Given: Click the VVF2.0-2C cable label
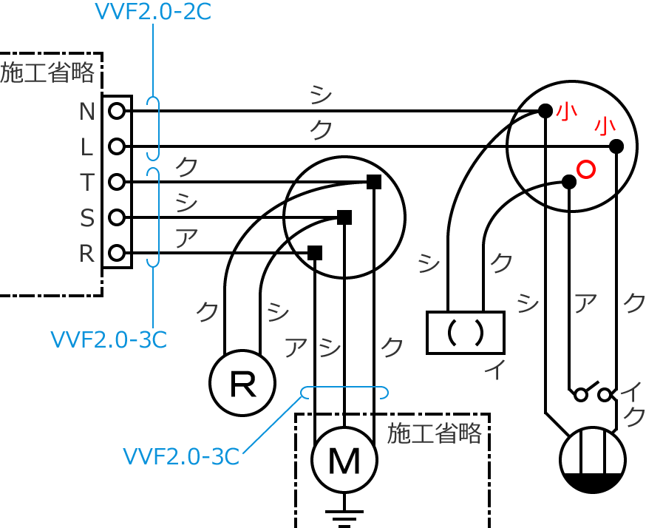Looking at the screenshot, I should click(153, 12).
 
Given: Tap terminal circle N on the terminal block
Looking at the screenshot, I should click(117, 111).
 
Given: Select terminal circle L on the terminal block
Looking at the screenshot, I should click(117, 146).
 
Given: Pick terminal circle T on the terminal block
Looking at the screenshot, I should click(117, 182).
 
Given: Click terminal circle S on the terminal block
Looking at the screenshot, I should click(117, 217).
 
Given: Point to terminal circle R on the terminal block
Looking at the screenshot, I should click(117, 253).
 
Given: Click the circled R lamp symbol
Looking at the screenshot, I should click(242, 383).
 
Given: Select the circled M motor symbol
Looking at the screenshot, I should click(344, 460).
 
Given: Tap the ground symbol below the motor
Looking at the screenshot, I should click(344, 515).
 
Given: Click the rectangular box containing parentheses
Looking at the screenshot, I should click(466, 333).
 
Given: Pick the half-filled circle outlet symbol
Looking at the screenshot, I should click(593, 460).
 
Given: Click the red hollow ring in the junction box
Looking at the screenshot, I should click(585, 169).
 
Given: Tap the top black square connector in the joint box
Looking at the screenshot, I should click(374, 182).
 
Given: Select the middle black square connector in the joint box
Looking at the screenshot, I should click(344, 217).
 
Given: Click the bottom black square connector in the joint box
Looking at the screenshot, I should click(315, 253).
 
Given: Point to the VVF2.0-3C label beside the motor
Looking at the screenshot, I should click(181, 456).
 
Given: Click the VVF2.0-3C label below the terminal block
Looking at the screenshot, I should click(109, 339).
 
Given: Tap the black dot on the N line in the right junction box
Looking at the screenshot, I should click(545, 111).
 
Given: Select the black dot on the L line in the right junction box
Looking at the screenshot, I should click(616, 146).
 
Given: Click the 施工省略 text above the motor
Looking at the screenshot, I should click(435, 433).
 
